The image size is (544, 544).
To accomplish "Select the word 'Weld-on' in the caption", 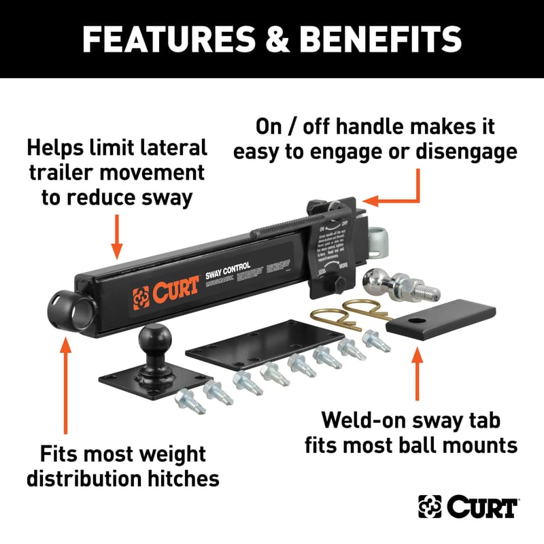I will [356, 420].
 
